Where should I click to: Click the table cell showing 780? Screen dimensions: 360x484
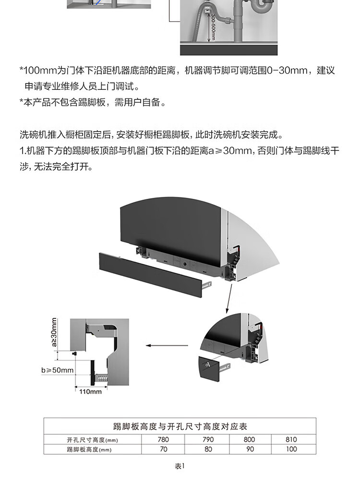(163, 439)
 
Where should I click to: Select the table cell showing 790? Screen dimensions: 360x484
(208, 439)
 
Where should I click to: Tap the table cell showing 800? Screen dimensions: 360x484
(250, 439)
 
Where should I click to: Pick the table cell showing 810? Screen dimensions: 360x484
(291, 439)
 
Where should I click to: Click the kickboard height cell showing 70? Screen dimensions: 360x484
(163, 449)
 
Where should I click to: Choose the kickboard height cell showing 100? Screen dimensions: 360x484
(291, 449)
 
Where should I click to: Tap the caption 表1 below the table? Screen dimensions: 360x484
(180, 466)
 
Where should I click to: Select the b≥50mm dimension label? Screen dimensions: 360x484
(58, 370)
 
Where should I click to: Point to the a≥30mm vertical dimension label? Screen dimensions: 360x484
(54, 332)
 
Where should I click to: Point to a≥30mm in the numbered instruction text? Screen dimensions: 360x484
(230, 151)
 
